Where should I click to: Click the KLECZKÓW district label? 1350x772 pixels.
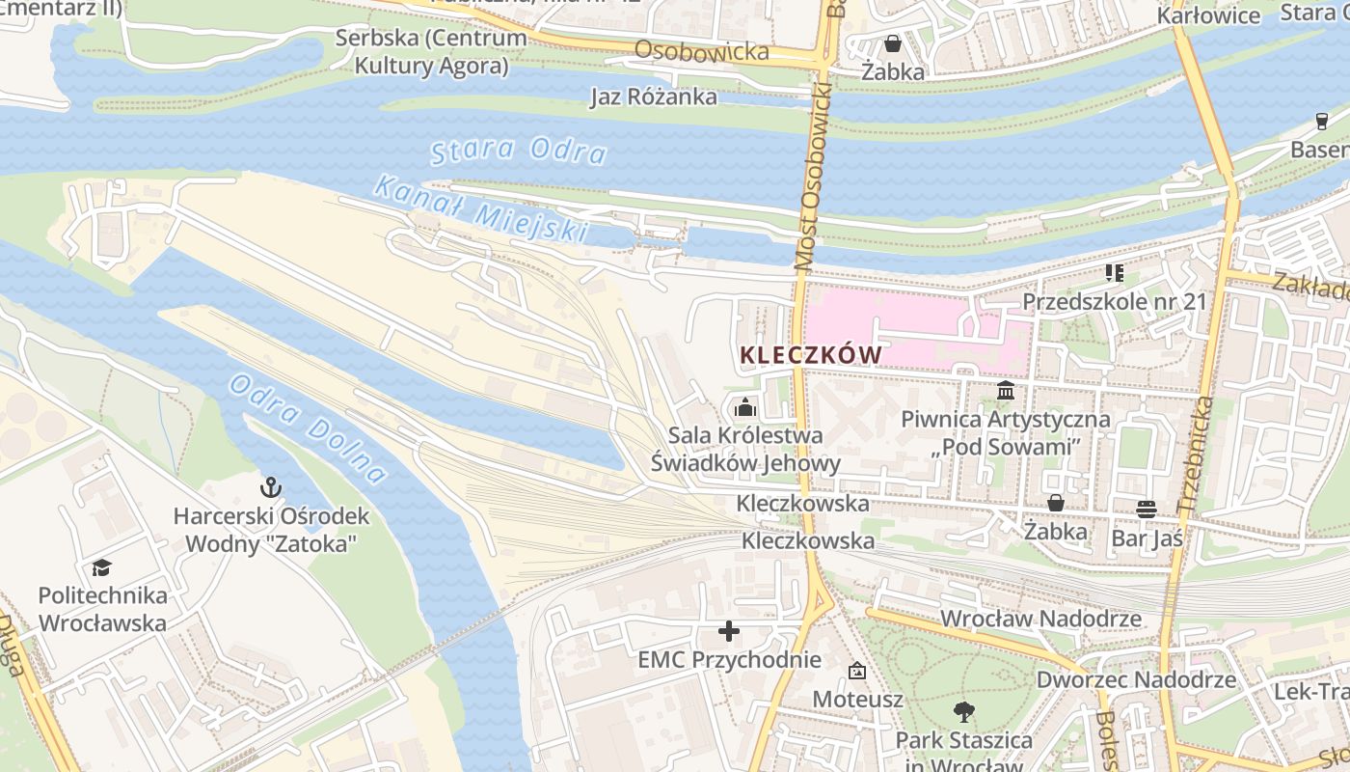[x=810, y=355]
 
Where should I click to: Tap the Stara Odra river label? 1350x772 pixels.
[x=518, y=152]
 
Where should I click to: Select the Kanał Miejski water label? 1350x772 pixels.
[x=480, y=207]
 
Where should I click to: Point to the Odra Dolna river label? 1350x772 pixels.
[x=308, y=427]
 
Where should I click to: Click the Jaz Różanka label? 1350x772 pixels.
[x=654, y=96]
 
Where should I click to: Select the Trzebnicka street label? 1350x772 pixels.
[x=1196, y=454]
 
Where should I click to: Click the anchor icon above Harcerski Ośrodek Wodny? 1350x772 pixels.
[x=271, y=487]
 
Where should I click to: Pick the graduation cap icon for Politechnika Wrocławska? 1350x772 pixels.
[x=102, y=567]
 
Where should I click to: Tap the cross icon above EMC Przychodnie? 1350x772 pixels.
[x=729, y=632]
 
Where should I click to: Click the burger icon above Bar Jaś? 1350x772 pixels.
[x=1147, y=508]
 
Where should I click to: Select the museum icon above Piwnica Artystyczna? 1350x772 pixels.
[x=1006, y=391]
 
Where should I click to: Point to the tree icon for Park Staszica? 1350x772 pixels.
[x=962, y=712]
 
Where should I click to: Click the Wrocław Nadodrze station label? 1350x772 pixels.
[x=1040, y=619]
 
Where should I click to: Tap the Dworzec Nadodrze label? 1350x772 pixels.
[x=1136, y=679]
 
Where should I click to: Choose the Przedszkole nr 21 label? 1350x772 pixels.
[x=1114, y=301]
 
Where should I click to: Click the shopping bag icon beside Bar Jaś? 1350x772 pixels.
[x=1056, y=503]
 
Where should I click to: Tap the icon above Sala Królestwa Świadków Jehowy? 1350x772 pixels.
[x=744, y=408]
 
